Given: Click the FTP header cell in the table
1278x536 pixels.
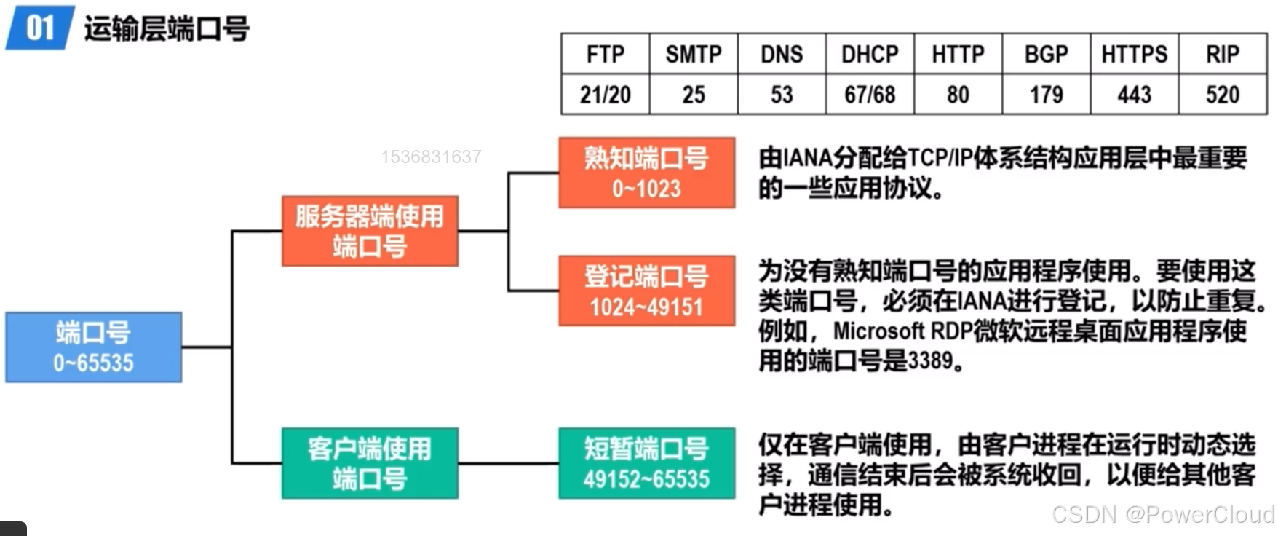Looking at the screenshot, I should click(x=605, y=55).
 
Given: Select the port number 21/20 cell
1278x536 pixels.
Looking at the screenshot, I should click(x=605, y=95).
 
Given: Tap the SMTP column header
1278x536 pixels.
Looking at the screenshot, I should click(x=693, y=55).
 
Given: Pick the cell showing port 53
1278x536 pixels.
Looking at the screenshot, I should click(x=782, y=95).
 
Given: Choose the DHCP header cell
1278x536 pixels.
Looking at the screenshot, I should click(x=870, y=55).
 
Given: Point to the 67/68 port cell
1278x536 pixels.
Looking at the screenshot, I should click(x=870, y=95).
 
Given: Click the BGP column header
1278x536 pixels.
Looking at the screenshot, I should click(x=1046, y=55).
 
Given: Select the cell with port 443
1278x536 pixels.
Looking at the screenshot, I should click(x=1134, y=95).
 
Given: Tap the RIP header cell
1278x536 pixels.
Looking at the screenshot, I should click(x=1222, y=55).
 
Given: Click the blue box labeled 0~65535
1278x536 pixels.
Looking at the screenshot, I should click(x=93, y=347).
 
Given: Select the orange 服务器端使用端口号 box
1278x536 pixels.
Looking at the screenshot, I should click(x=370, y=231).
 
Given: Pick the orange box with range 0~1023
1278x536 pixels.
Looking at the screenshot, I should click(x=646, y=173).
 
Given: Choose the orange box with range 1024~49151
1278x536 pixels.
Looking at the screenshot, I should click(x=646, y=291).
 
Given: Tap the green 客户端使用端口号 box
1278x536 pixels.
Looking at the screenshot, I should click(x=370, y=463).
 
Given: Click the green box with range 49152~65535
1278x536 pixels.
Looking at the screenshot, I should click(x=646, y=463).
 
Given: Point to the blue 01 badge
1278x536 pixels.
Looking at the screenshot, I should click(x=39, y=28).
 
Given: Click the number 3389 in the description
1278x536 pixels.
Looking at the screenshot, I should click(x=930, y=360).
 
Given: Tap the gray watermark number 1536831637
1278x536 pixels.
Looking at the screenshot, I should click(x=431, y=157).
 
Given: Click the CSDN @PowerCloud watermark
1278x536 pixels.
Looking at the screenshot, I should click(x=1162, y=515).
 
